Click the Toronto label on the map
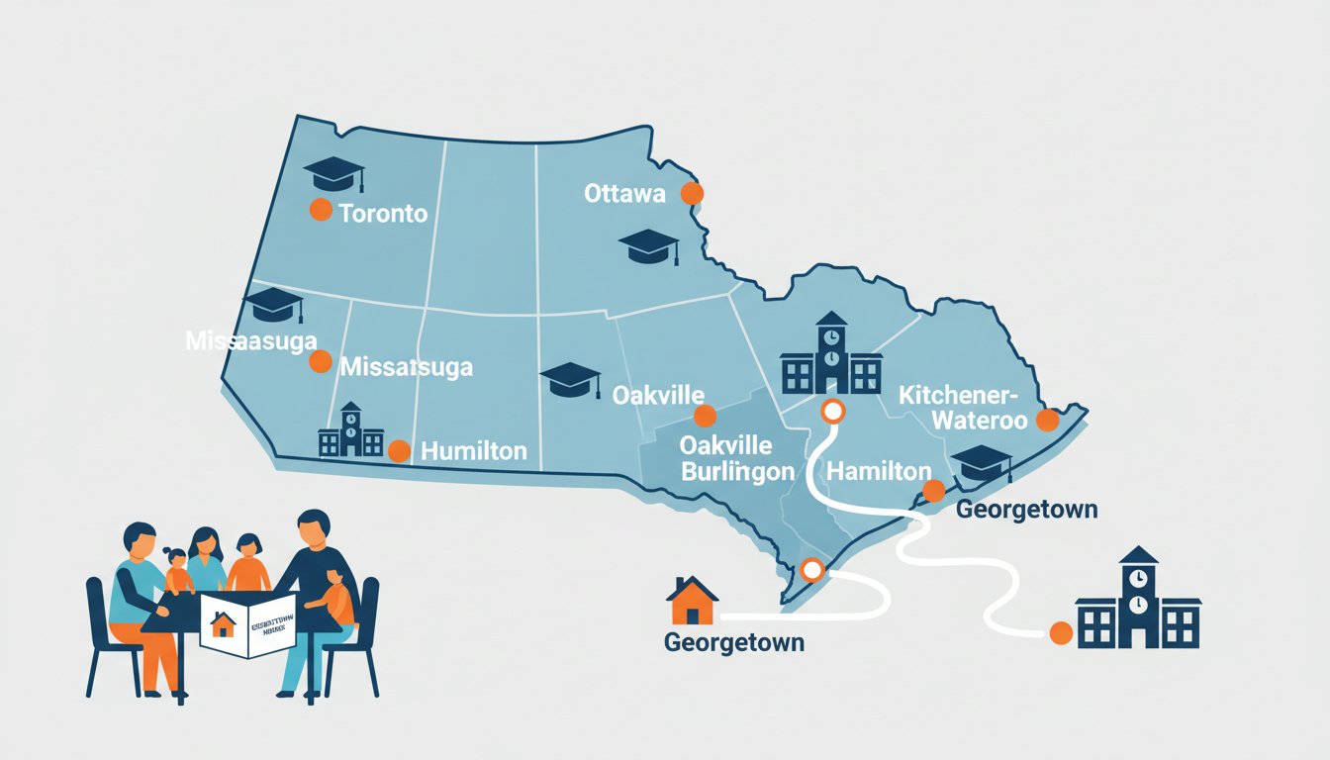point(383,213)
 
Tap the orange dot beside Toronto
point(320,209)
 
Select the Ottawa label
point(624,193)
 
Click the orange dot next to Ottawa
point(692,193)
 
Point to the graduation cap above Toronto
point(334,173)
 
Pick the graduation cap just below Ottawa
point(648,246)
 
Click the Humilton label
point(474,451)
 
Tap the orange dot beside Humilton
point(399,451)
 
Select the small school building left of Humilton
point(350,431)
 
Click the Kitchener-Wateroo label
point(957,407)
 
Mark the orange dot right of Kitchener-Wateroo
point(1047,421)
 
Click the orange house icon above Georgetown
point(692,600)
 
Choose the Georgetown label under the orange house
point(734,642)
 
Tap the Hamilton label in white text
point(879,472)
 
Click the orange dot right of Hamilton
point(933,490)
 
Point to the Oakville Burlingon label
point(737,460)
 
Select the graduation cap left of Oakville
point(571,379)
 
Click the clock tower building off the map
point(1138,601)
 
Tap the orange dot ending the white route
point(1061,632)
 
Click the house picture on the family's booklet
point(224,625)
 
